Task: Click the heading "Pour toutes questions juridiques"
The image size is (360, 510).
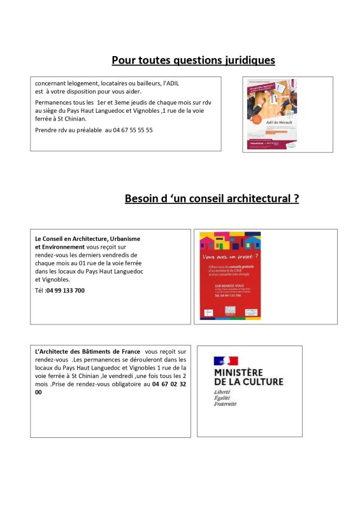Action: coord(193,61)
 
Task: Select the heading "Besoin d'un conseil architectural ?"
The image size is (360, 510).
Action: coord(212,199)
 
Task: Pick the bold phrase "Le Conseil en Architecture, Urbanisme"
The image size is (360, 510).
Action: coord(87,238)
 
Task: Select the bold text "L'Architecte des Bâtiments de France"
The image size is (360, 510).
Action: coord(87,351)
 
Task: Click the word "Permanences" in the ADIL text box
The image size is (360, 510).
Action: coord(55,102)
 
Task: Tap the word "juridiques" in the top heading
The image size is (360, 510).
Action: coord(243,61)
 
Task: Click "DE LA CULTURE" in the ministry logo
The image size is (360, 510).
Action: coord(248,381)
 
